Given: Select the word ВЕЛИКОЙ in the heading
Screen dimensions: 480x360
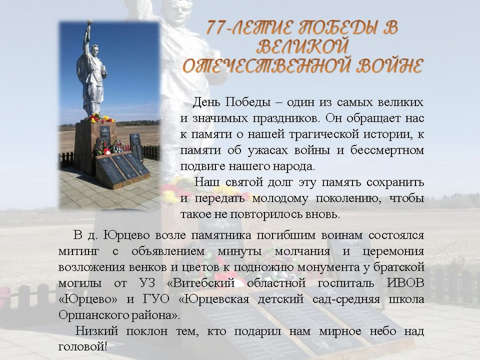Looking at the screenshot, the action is [x=303, y=46].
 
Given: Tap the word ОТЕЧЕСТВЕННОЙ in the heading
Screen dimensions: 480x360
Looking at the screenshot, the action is [x=266, y=66].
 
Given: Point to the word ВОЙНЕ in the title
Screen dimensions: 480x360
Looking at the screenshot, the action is [x=389, y=66].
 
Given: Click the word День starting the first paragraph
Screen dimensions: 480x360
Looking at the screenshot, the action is [x=206, y=102].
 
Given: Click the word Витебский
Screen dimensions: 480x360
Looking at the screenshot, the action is [x=201, y=283].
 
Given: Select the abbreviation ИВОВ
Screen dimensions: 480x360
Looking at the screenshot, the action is [x=406, y=283].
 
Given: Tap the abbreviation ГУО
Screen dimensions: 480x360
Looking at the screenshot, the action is [x=156, y=299].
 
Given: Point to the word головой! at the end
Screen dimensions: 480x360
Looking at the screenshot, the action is [x=83, y=347].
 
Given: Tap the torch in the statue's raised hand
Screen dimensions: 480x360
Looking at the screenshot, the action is [x=90, y=22].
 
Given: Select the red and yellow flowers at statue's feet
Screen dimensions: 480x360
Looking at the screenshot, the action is [x=100, y=118].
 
